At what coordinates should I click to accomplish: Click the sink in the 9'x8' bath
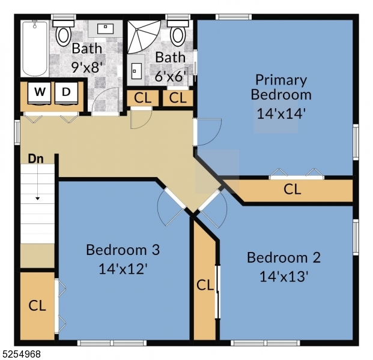point(106,27)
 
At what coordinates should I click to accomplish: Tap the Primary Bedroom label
point(281,87)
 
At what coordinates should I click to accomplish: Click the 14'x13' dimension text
point(284,277)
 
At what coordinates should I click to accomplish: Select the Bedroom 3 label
point(123,249)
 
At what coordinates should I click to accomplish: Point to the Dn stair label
point(35,159)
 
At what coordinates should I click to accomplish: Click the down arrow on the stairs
point(37,197)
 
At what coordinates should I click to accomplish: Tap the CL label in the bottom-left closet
point(37,305)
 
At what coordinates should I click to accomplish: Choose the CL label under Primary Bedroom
point(293,190)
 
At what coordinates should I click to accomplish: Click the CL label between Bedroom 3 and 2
point(205,285)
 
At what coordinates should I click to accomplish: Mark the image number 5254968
point(21,354)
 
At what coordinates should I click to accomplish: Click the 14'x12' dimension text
point(123,268)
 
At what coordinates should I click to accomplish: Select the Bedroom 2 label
point(284,257)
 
